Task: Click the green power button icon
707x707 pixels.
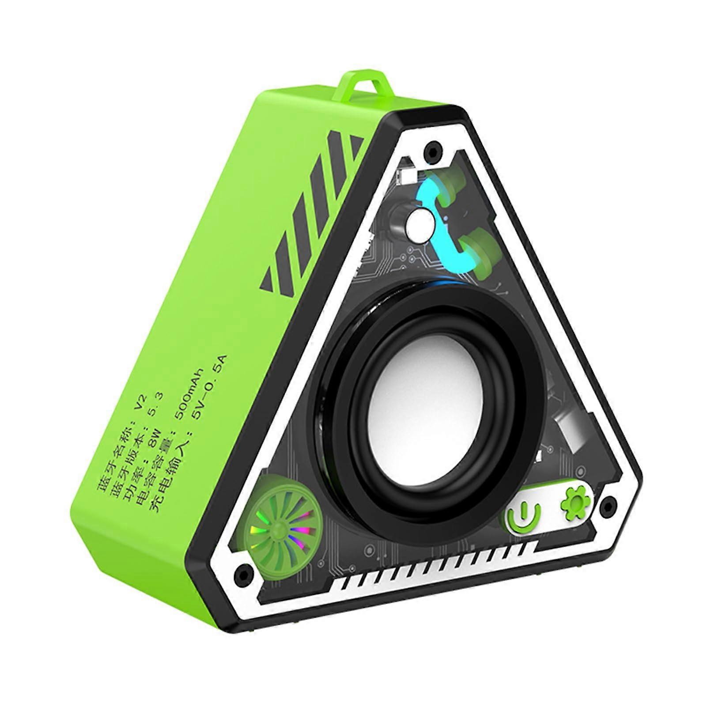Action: [x=524, y=515]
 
